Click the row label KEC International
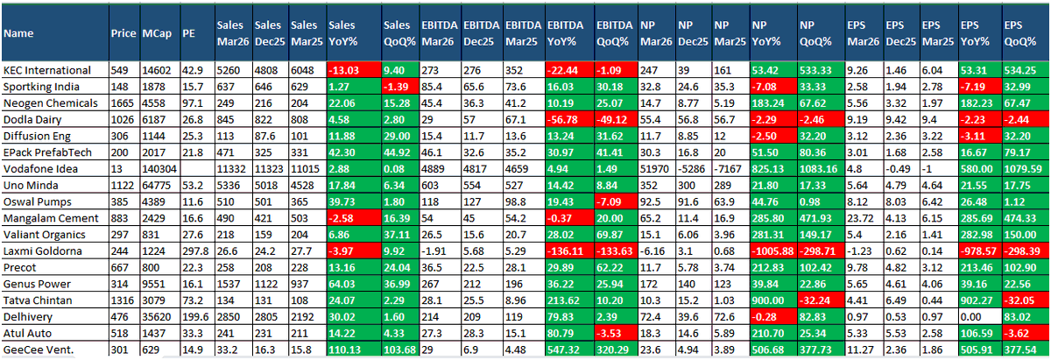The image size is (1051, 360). [47, 70]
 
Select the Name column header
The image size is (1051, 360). [18, 33]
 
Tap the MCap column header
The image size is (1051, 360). [157, 33]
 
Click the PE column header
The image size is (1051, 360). [188, 33]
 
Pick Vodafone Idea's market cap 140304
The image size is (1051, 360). [159, 169]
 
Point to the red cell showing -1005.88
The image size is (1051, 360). [772, 251]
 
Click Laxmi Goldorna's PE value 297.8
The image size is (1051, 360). [195, 251]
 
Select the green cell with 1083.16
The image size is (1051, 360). [821, 169]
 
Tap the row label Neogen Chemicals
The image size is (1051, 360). [50, 103]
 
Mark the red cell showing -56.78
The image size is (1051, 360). [569, 120]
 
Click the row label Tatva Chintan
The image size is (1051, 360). [38, 300]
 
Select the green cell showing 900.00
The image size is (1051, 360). [772, 300]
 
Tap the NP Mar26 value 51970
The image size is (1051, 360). [656, 169]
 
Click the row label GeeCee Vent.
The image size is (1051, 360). [39, 349]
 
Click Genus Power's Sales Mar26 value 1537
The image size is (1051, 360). [228, 284]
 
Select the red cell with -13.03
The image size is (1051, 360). [354, 70]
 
